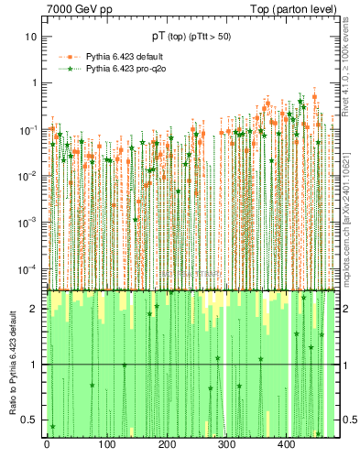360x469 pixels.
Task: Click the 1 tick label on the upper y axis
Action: click(x=33, y=82)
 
